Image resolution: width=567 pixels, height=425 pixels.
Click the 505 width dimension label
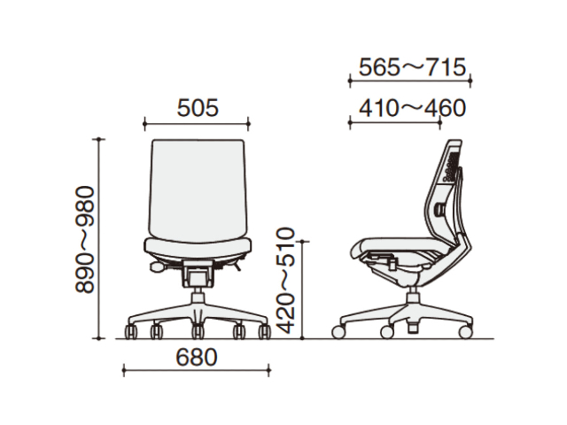198,108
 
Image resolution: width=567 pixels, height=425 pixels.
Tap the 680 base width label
197,357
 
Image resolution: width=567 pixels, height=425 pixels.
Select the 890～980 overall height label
85,240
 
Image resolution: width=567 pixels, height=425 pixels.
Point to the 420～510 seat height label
286,281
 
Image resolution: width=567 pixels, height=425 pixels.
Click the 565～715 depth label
412,67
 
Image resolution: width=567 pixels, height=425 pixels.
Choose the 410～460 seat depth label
412,108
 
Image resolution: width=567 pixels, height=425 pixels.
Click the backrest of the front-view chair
197,188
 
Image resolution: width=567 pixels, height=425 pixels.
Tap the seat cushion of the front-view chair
197,248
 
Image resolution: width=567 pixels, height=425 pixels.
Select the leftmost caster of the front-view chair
130,332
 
